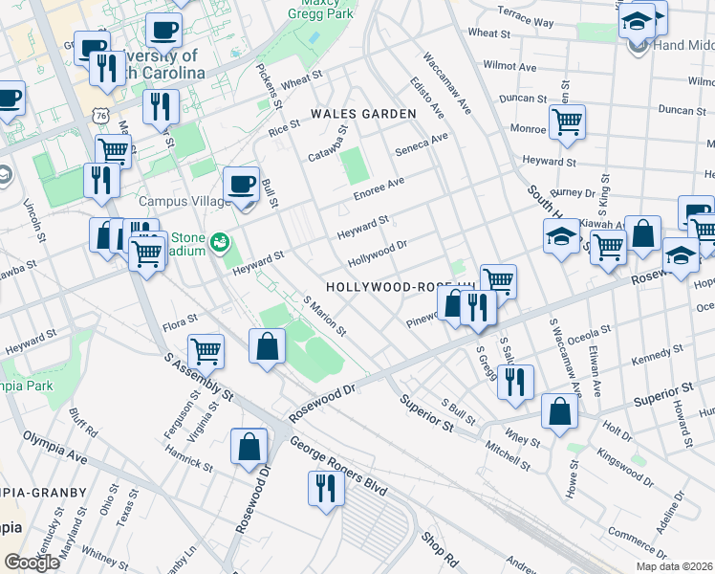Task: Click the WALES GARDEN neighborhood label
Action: (x=363, y=114)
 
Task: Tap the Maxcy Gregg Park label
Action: (x=322, y=11)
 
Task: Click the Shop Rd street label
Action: (x=438, y=546)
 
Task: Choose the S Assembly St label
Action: (x=199, y=379)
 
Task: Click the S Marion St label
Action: (x=324, y=316)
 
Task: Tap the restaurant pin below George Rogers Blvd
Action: (x=324, y=489)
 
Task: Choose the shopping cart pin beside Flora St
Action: (x=206, y=351)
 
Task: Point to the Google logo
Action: (x=32, y=562)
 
